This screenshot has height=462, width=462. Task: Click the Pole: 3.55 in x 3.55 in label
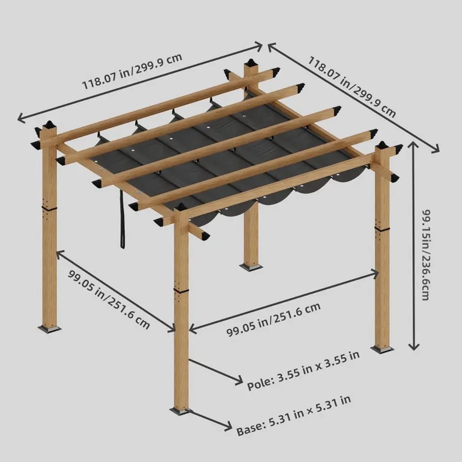[303, 370]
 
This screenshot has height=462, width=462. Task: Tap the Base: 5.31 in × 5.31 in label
[294, 416]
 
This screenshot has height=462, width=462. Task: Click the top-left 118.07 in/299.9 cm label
[132, 71]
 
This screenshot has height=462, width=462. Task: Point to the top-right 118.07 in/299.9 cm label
[352, 87]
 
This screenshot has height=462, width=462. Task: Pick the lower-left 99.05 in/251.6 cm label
[109, 300]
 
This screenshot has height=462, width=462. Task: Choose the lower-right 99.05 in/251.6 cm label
[273, 319]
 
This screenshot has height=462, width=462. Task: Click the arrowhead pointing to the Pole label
[238, 380]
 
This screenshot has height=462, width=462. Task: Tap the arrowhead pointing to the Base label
[227, 425]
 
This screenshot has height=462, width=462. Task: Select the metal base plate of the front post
[181, 411]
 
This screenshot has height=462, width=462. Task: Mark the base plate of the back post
[251, 267]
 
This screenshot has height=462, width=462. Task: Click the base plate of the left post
[49, 328]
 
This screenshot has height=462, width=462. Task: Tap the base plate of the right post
[382, 350]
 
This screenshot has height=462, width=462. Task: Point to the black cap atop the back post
[251, 63]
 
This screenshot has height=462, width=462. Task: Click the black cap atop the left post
[49, 124]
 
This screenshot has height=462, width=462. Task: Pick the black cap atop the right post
[383, 145]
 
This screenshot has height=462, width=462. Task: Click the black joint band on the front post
[181, 291]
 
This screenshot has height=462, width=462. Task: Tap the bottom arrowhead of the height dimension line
[414, 346]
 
